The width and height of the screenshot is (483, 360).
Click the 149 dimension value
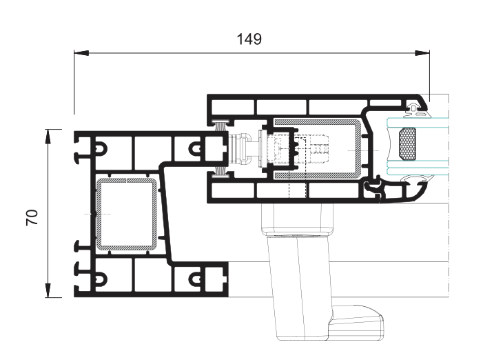[x=249, y=39]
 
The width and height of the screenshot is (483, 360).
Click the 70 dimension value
[x=32, y=217]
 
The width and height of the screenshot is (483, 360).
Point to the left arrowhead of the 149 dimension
[x=81, y=53]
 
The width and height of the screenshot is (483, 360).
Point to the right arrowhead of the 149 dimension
[x=422, y=53]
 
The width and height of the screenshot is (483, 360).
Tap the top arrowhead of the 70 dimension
[x=48, y=137]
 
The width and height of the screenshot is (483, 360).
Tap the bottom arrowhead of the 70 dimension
[x=48, y=290]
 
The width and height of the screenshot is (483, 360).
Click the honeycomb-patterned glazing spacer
[x=407, y=144]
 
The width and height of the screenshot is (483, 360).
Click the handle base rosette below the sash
[x=297, y=219]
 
